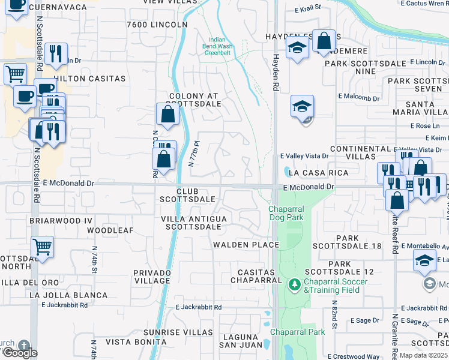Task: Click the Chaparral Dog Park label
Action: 286,213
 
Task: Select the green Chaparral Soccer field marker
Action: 294,284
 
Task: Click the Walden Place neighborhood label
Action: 246,245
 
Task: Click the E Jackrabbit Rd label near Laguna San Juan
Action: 199,307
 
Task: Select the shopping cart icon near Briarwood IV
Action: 42,246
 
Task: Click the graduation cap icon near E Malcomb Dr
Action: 303,107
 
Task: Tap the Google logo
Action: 19,353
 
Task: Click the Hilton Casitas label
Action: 89,79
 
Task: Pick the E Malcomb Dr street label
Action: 359,97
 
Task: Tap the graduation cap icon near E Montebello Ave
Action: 424,261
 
